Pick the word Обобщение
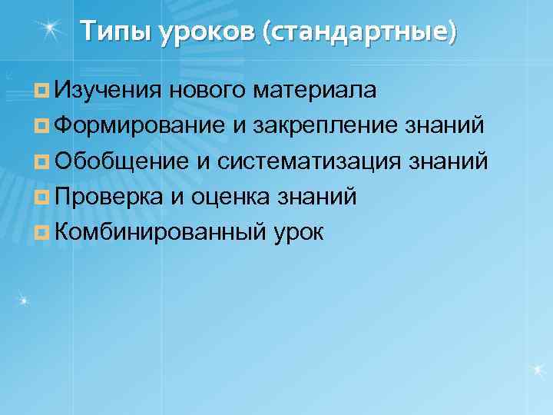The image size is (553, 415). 121,162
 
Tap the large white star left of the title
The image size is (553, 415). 50,29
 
